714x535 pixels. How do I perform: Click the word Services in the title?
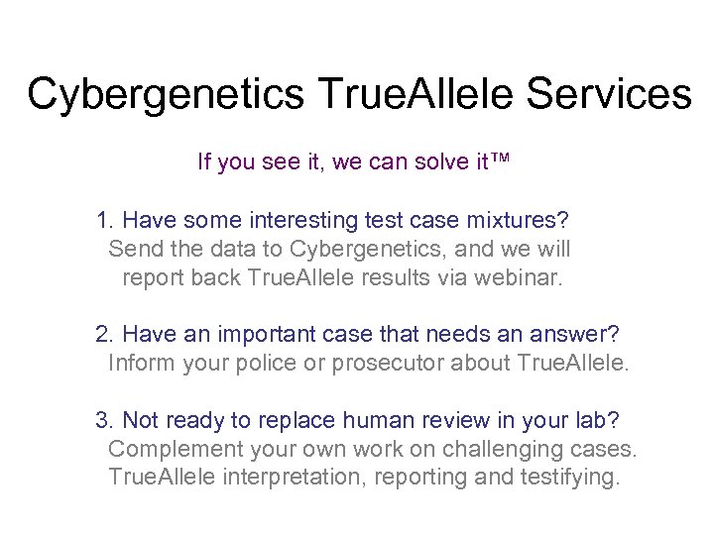coord(610,95)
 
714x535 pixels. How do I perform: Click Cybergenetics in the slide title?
coord(165,95)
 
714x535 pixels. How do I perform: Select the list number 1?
coord(103,219)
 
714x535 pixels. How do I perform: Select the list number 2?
coord(103,335)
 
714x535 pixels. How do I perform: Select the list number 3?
coord(103,420)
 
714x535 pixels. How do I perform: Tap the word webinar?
coord(517,277)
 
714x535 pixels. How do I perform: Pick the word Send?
coord(132,249)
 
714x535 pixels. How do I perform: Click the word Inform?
coord(139,364)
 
